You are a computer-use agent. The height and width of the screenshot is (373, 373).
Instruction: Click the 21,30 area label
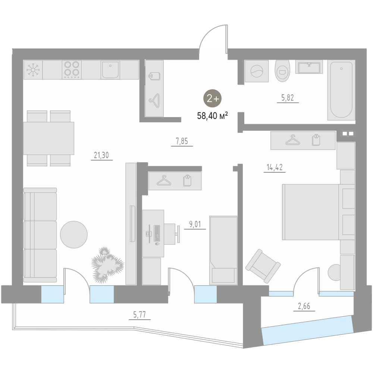click(101, 155)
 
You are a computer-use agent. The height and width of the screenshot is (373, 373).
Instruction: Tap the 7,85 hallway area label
click(182, 141)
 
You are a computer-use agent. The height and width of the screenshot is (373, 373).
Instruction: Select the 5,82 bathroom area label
click(288, 97)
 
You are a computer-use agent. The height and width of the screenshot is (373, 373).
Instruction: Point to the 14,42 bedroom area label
click(275, 167)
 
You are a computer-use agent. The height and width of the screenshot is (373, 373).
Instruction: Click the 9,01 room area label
click(195, 224)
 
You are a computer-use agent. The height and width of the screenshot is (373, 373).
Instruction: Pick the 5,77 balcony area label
click(140, 315)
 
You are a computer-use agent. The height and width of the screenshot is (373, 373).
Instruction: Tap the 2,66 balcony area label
click(304, 306)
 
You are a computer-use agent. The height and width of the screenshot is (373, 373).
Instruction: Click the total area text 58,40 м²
click(213, 116)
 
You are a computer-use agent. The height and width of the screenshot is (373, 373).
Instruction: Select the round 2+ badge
click(213, 98)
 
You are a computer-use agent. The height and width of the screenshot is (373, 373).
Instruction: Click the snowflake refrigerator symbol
click(33, 70)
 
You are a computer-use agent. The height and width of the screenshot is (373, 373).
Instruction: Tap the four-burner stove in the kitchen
click(72, 70)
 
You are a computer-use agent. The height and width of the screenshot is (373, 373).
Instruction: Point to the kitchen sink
click(110, 70)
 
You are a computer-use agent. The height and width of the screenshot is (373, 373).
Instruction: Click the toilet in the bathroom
click(282, 70)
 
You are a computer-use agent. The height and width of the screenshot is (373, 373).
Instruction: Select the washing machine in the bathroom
click(257, 71)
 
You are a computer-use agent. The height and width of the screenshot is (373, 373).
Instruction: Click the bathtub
click(341, 90)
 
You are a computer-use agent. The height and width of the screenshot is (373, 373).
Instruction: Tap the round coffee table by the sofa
click(74, 235)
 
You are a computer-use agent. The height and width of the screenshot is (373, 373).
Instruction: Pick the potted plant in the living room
click(107, 265)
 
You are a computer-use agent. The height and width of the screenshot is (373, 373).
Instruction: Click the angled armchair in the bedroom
click(263, 266)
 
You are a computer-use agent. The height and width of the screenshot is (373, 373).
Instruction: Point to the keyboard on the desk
click(157, 233)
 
